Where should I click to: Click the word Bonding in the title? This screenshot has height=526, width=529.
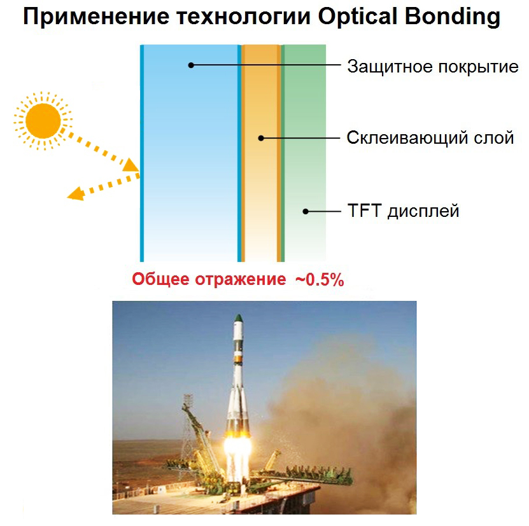tap(452, 18)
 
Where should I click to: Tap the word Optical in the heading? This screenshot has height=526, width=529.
tap(358, 18)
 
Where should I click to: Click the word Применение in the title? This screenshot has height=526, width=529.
tap(96, 17)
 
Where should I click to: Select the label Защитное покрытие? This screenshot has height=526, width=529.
tap(433, 67)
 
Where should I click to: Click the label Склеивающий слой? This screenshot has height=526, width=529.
tap(430, 138)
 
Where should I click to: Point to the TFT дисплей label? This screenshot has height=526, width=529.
tap(403, 211)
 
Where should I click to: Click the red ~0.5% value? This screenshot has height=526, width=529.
tap(320, 280)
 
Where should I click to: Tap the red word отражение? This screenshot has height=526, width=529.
tap(241, 280)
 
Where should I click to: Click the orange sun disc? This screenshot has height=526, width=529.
tap(43, 121)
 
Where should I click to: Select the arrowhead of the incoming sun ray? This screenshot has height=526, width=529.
tap(130, 165)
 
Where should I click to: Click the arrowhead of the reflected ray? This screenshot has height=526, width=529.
tap(76, 194)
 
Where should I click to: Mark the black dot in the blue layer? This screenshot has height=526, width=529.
tap(191, 65)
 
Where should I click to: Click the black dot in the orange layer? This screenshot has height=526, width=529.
tap(261, 138)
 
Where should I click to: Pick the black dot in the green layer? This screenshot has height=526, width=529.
tap(306, 211)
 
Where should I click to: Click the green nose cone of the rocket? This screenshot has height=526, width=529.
tap(239, 318)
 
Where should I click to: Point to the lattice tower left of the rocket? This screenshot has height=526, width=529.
tap(188, 435)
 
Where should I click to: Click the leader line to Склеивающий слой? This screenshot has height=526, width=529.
tap(300, 138)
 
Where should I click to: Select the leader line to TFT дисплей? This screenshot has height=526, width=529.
tap(323, 211)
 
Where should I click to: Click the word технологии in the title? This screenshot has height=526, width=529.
tap(244, 17)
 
